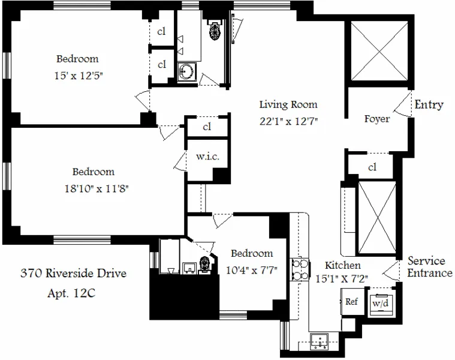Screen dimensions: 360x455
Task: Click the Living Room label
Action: (x=288, y=104)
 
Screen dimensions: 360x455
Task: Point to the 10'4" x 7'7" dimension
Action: (x=252, y=269)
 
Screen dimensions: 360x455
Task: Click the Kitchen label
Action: (x=342, y=265)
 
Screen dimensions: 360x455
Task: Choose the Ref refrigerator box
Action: (x=351, y=301)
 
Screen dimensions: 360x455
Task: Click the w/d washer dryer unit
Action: (x=380, y=303)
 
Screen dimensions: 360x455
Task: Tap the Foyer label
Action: (x=377, y=119)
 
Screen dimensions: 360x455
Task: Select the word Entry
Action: (x=429, y=105)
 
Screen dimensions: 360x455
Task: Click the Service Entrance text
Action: (x=430, y=268)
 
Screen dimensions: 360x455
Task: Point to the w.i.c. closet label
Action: (x=207, y=157)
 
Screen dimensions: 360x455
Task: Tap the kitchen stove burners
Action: (x=298, y=270)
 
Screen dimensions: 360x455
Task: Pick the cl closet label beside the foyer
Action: (x=372, y=167)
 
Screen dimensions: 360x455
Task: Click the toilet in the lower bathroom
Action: (x=204, y=264)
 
